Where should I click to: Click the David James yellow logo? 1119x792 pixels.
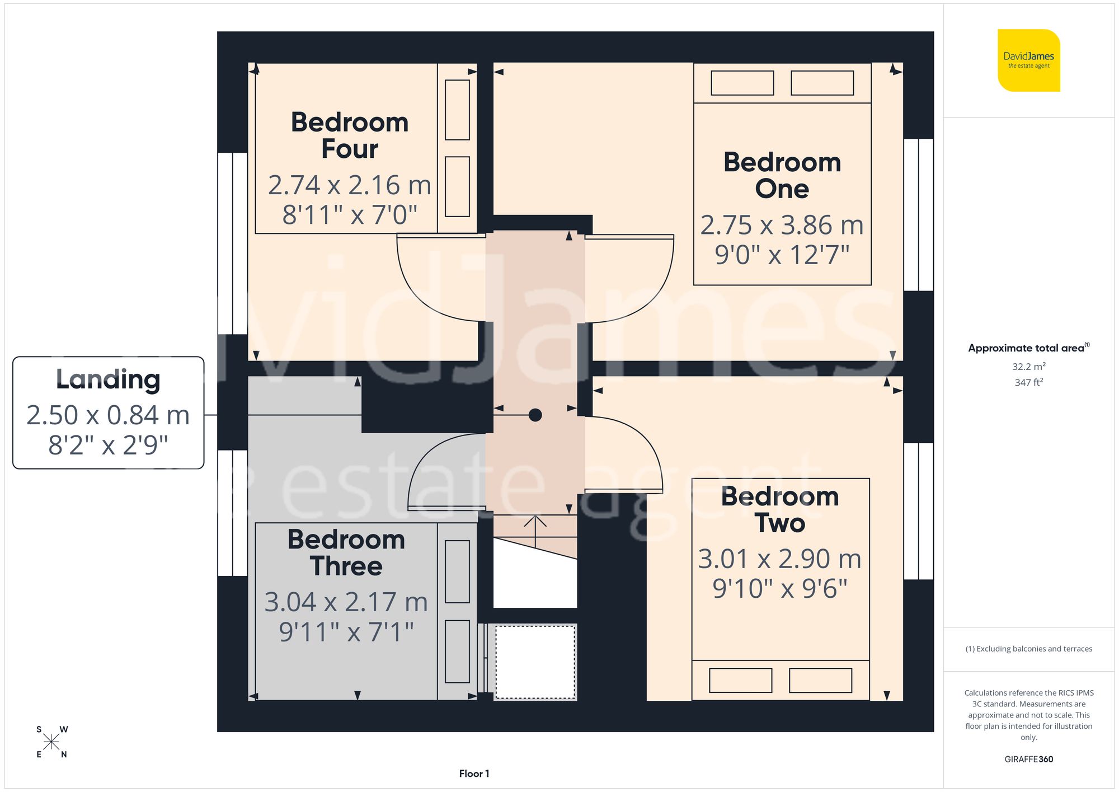(1028, 60)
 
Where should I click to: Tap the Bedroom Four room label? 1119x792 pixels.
(350, 135)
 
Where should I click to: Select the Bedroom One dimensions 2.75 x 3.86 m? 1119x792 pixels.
(782, 225)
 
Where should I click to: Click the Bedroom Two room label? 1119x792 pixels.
(779, 510)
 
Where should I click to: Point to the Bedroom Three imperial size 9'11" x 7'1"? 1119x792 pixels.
(346, 632)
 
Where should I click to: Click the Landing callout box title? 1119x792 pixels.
(108, 379)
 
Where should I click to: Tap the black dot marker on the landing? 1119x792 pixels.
(535, 415)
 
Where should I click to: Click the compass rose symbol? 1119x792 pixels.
(51, 742)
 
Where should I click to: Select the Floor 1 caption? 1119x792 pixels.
(474, 774)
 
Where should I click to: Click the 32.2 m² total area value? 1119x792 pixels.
(1028, 367)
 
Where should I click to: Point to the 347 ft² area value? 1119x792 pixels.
(1028, 382)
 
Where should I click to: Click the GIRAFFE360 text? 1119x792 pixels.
(1028, 759)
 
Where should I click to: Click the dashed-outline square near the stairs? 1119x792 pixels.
(535, 662)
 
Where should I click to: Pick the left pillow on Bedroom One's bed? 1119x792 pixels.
(742, 83)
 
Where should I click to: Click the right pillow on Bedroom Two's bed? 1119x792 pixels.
(820, 680)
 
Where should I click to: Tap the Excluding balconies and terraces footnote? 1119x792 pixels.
(1028, 649)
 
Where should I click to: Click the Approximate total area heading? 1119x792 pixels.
(1027, 348)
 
